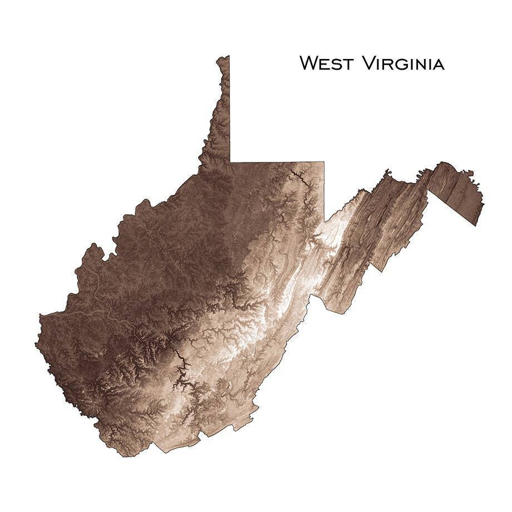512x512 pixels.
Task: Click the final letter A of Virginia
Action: (437, 64)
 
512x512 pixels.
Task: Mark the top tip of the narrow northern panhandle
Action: (224, 57)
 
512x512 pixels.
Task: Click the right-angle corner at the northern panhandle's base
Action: (230, 163)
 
